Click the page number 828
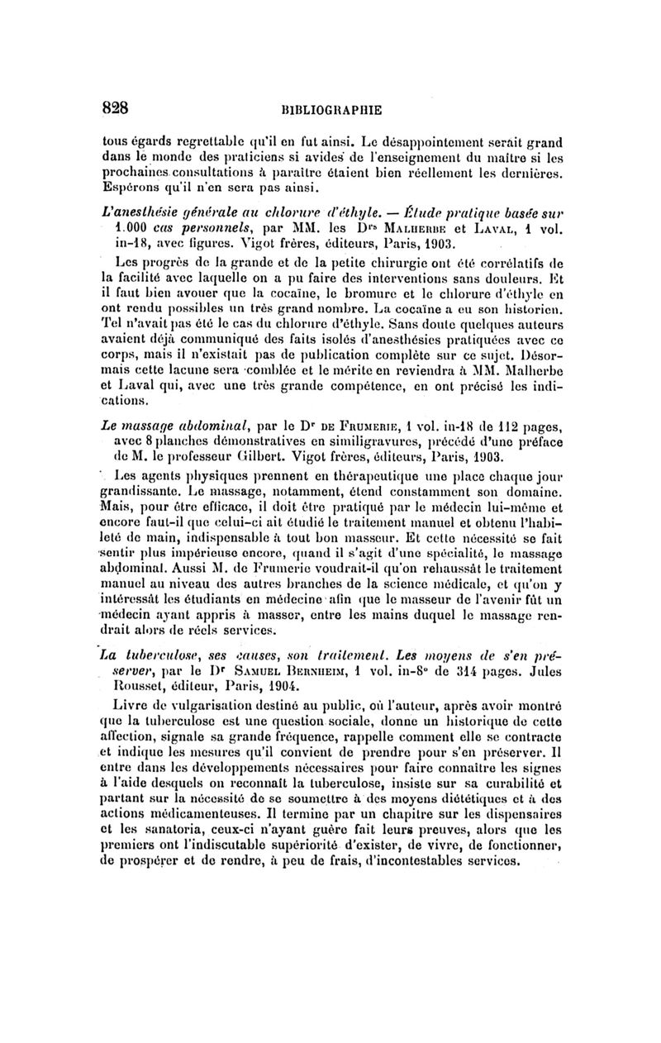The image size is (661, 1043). click(x=117, y=107)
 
